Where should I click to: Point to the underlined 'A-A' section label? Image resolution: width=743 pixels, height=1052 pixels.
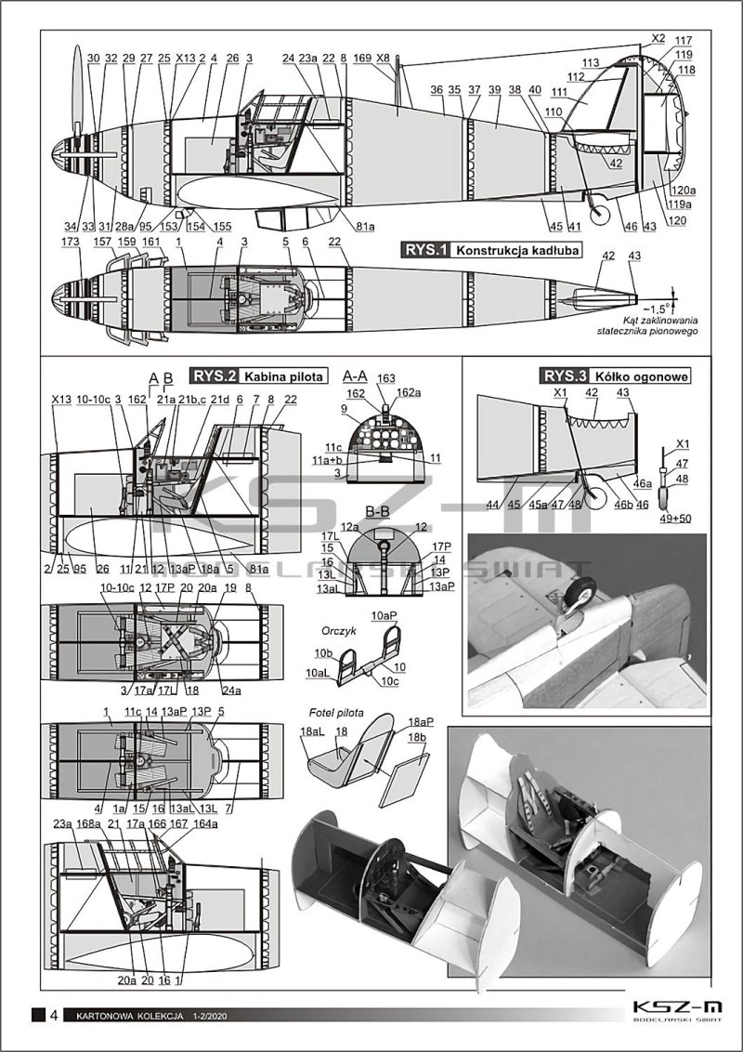[x=356, y=375]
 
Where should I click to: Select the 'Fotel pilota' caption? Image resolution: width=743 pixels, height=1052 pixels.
[x=337, y=712]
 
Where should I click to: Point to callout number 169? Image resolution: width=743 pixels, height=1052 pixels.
[x=363, y=58]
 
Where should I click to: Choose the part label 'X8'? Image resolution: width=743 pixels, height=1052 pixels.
[x=384, y=58]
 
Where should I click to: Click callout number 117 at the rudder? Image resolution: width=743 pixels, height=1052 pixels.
[x=684, y=41]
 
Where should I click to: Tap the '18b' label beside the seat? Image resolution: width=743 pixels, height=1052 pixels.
[x=420, y=736]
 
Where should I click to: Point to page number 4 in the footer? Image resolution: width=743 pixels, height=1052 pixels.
[x=55, y=1014]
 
